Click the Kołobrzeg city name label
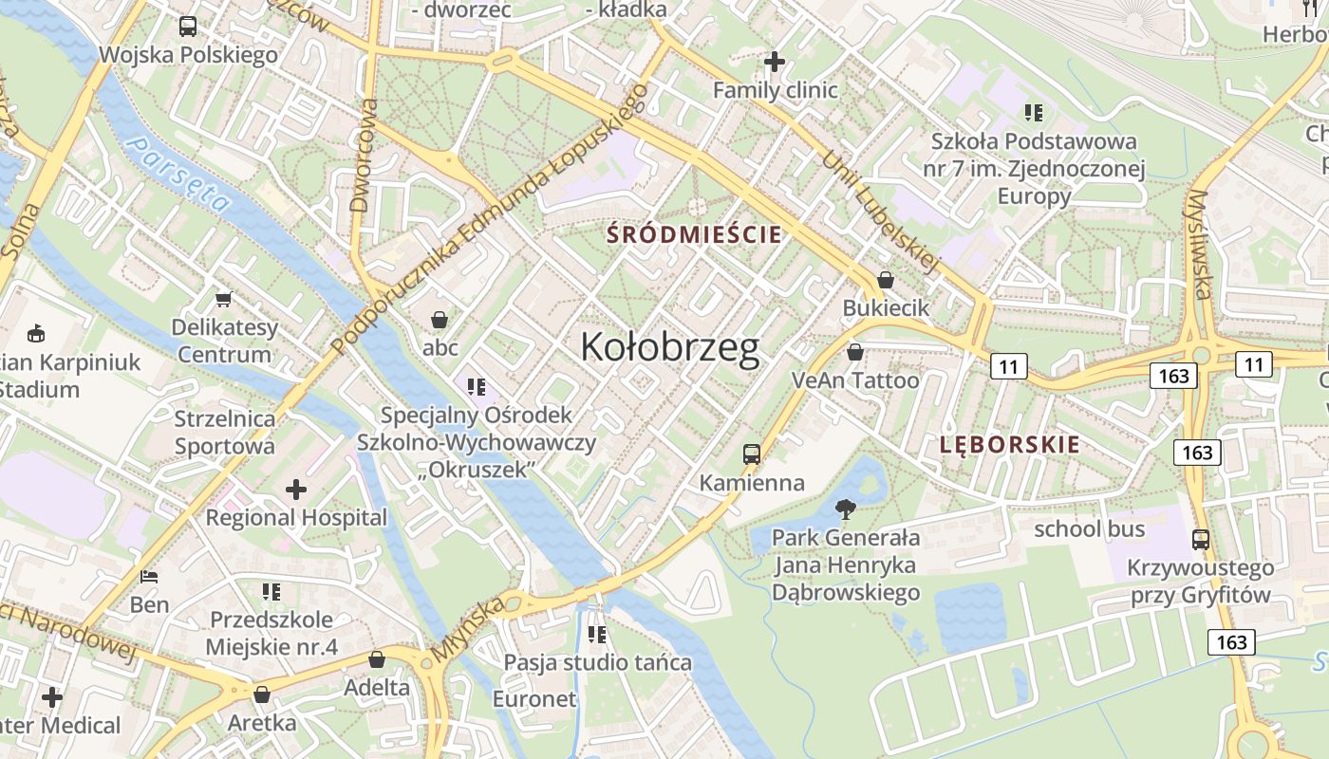(669, 348)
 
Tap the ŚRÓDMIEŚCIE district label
(695, 233)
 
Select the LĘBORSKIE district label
(1009, 444)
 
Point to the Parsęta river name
(179, 174)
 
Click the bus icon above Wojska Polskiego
(188, 27)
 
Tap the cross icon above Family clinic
(775, 62)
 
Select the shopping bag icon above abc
(440, 319)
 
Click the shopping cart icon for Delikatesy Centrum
(224, 300)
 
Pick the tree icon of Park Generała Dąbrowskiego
(845, 509)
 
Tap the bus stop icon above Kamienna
(752, 454)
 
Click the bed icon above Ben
(149, 576)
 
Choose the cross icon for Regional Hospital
(296, 490)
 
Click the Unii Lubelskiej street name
(880, 213)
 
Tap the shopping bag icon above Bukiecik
(886, 280)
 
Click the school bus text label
(1089, 528)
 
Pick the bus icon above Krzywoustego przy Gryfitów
(1201, 540)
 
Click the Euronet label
(533, 699)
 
